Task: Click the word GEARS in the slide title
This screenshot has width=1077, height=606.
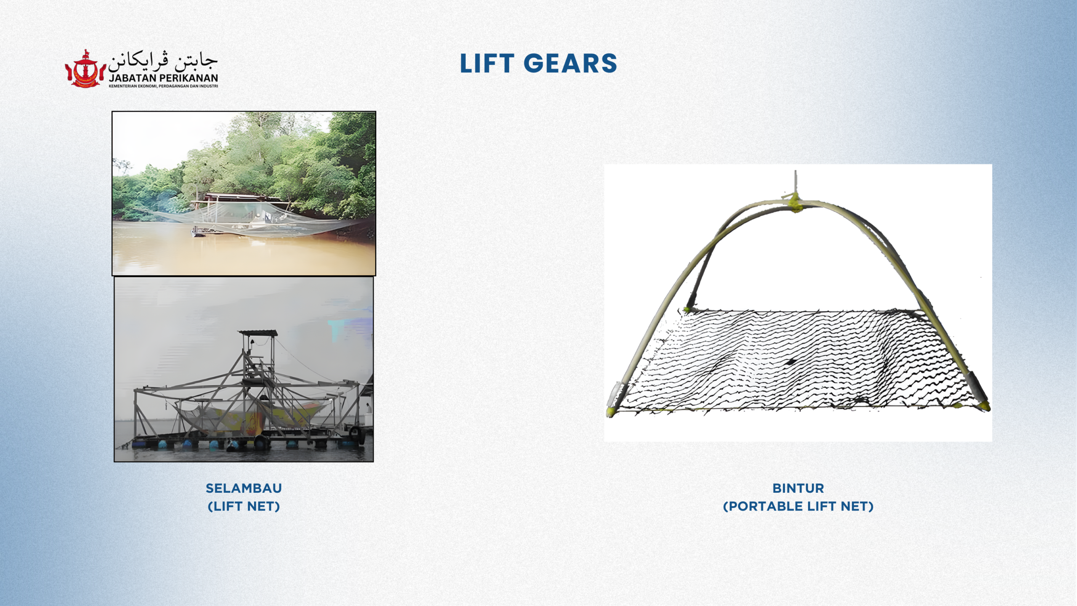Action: (570, 64)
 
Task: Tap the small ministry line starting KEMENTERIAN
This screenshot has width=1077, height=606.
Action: (163, 86)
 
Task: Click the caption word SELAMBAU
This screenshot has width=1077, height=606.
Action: (244, 488)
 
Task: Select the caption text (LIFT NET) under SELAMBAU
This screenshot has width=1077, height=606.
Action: (244, 506)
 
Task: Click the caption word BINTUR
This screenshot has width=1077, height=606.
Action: (798, 488)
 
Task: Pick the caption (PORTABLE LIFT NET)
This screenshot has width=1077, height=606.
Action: (798, 506)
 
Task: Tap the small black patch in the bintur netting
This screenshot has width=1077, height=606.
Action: (791, 361)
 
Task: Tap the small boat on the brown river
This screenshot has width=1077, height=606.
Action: (201, 231)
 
